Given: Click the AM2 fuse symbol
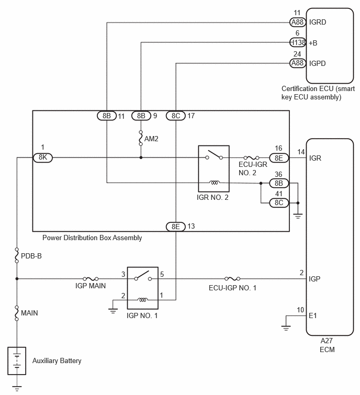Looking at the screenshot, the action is click(x=141, y=138).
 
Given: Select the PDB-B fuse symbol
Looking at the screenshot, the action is click(x=17, y=255).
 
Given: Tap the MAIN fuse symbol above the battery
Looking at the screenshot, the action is click(x=17, y=313).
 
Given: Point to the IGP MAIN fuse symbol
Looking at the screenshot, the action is click(x=91, y=279).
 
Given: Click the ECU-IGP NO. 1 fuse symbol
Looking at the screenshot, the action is click(x=232, y=279).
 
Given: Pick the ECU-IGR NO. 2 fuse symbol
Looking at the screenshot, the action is click(x=251, y=157).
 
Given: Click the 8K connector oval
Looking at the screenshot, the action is click(x=43, y=157).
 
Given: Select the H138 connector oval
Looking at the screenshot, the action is click(x=298, y=42).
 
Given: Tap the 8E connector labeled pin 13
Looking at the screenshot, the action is click(x=176, y=227).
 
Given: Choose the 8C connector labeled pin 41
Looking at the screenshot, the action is click(x=279, y=203).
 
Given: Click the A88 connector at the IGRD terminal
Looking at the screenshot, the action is click(x=298, y=22).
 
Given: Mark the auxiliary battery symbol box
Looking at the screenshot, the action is click(x=17, y=361).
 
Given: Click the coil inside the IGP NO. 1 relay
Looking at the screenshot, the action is click(x=143, y=300).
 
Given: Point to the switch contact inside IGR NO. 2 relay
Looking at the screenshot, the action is click(x=214, y=155).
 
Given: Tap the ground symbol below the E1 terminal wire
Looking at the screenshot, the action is click(x=286, y=328).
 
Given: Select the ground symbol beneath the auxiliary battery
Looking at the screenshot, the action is click(x=17, y=388).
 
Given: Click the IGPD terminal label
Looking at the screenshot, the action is click(x=318, y=63).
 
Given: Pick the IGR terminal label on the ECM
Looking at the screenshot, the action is click(x=315, y=158).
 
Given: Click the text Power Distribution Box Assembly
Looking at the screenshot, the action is click(x=92, y=238).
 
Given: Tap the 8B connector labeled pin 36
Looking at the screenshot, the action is click(x=279, y=183).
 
